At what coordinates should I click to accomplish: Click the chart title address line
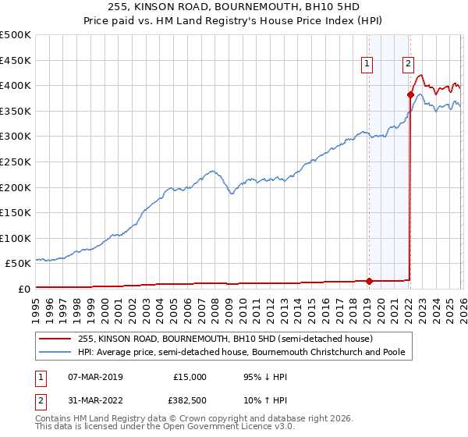[x=233, y=7]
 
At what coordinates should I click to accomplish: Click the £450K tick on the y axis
[x=16, y=60]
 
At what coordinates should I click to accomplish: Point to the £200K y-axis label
[x=16, y=187]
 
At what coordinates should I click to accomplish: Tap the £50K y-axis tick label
[x=19, y=264]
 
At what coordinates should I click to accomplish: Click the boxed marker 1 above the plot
[x=367, y=65]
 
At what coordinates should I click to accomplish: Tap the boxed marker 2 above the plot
[x=408, y=65]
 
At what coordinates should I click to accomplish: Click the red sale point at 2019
[x=369, y=281]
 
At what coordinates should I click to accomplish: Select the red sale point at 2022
[x=410, y=94]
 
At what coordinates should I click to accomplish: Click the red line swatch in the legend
[x=56, y=339]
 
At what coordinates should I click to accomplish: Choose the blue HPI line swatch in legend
[x=56, y=353]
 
